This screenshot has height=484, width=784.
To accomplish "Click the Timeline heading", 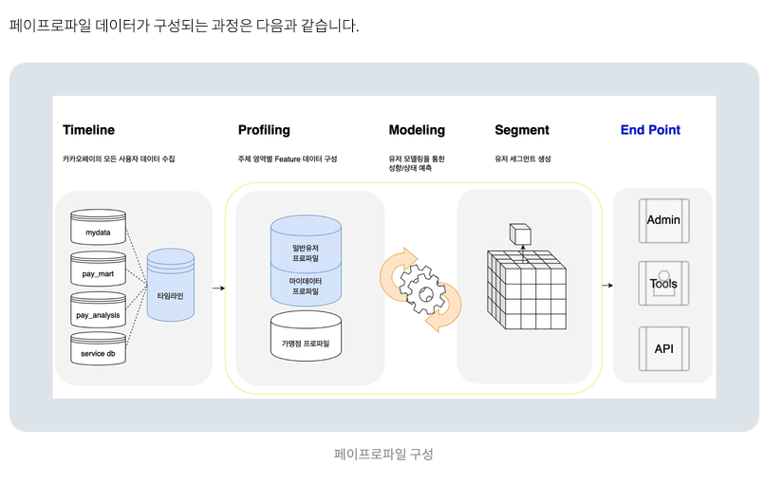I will click(88, 130).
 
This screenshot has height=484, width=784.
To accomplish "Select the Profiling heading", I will click(264, 130).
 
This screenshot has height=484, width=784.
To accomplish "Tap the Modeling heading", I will click(417, 130).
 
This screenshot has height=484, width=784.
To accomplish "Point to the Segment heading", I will click(522, 130).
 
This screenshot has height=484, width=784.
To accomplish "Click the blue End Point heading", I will click(650, 130).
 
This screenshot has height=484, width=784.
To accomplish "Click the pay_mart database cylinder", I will click(98, 273).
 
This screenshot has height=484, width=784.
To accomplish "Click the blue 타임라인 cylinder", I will click(171, 295).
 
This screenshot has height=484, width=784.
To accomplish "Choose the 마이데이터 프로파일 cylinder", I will click(306, 286).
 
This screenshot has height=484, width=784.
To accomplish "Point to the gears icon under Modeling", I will click(420, 289).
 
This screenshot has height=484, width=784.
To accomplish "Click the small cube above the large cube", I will click(521, 233).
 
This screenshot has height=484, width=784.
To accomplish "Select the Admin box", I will click(663, 220).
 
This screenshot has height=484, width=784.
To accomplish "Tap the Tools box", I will click(663, 284).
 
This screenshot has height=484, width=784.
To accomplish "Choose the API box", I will click(663, 349).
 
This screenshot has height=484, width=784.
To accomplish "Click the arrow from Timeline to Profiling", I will click(218, 288).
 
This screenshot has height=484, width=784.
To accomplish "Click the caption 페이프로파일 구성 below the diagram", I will click(383, 454).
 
